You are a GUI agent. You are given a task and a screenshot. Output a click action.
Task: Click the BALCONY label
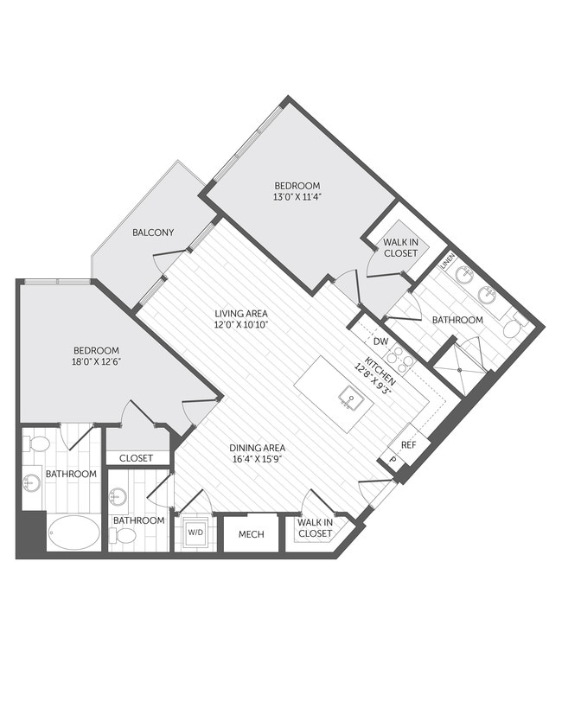pyautogui.click(x=153, y=233)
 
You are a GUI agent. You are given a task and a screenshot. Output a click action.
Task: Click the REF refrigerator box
pyautogui.click(x=409, y=444)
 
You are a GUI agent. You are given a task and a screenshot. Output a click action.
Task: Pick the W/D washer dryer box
pyautogui.click(x=195, y=532)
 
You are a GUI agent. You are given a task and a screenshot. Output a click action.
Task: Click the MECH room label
pyautogui.click(x=251, y=533)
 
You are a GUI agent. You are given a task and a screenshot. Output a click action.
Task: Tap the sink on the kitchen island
pyautogui.click(x=350, y=399)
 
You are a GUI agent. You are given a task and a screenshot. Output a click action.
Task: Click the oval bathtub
pyautogui.click(x=73, y=530)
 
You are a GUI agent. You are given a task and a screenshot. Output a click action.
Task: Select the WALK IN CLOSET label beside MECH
pyautogui.click(x=315, y=528)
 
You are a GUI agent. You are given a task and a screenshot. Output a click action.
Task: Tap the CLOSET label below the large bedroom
pyautogui.click(x=137, y=458)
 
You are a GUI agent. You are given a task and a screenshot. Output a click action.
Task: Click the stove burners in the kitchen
pyautogui.click(x=400, y=355)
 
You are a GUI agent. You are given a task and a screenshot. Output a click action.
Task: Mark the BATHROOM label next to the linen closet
pyautogui.click(x=457, y=320)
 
